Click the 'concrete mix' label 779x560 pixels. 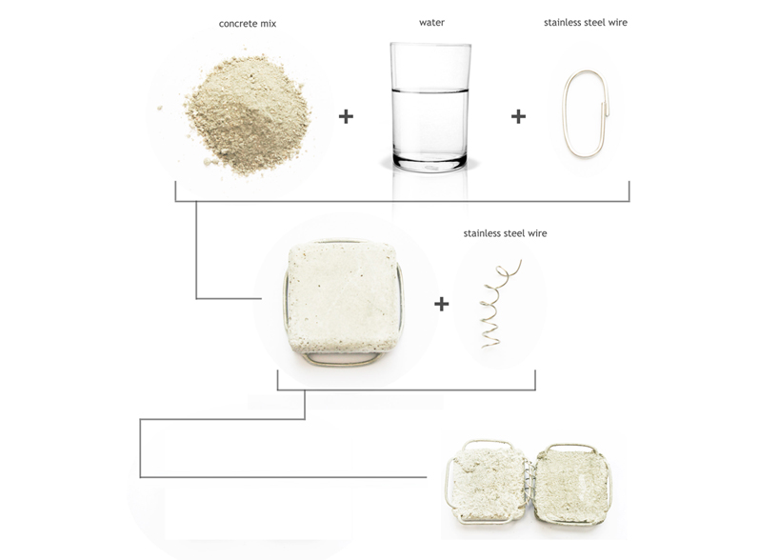(248, 24)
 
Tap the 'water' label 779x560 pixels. (431, 22)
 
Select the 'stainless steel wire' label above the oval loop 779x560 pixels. (586, 22)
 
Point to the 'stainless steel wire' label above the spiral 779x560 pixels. (505, 233)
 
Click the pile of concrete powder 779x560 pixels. (249, 115)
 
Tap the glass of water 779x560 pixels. (430, 108)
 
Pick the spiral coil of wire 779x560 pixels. (499, 303)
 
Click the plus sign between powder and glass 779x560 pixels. (346, 117)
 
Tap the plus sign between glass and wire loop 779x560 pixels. (518, 117)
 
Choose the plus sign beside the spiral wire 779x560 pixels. (442, 304)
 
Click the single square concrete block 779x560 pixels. (344, 297)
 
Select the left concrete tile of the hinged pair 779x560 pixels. (489, 485)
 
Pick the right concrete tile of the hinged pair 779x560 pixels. (571, 485)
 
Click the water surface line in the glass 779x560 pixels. (429, 90)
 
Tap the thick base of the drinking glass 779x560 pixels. (430, 162)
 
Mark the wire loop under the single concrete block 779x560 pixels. (342, 359)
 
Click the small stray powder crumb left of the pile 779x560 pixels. (160, 108)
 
